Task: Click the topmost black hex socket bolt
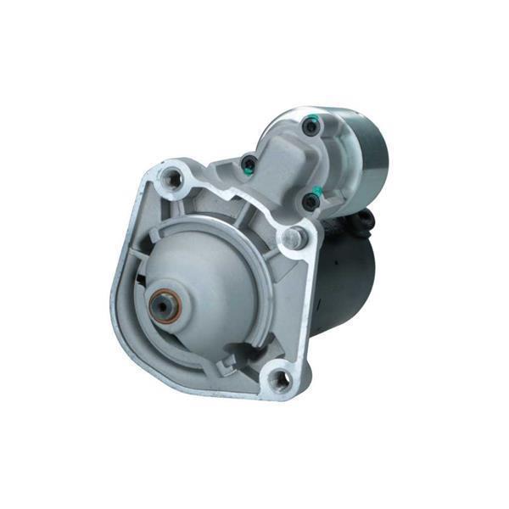click(310, 128)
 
